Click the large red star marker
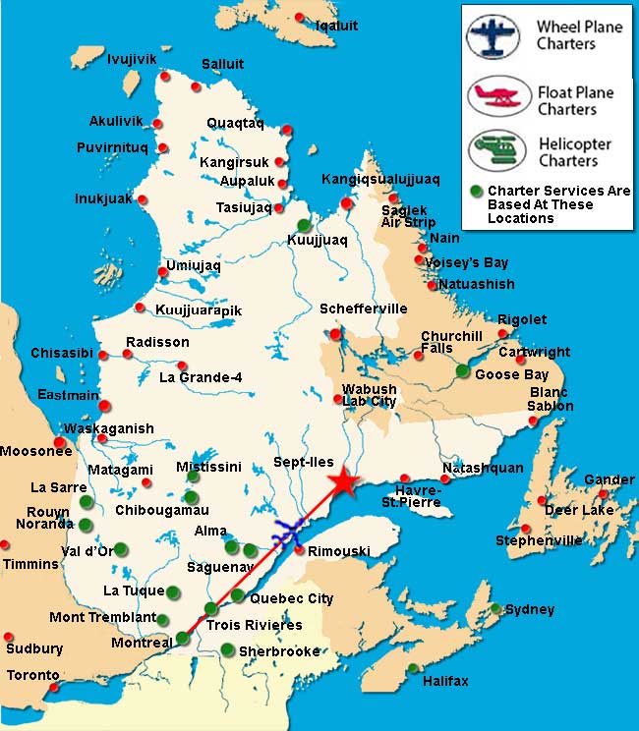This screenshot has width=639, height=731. (342, 482)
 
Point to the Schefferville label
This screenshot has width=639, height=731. (363, 309)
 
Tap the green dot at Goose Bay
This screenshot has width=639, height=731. (463, 370)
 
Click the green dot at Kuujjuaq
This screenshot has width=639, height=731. (304, 225)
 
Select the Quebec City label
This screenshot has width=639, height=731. (292, 598)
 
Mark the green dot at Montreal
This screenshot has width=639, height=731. (182, 639)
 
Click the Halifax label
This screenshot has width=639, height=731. (445, 681)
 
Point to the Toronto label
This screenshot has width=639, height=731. (32, 676)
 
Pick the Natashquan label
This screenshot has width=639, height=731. (483, 468)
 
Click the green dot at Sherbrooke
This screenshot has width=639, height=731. (228, 649)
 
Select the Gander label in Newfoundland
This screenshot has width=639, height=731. (609, 479)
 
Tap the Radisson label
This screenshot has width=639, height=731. (156, 342)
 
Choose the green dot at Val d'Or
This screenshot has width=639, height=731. (120, 549)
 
